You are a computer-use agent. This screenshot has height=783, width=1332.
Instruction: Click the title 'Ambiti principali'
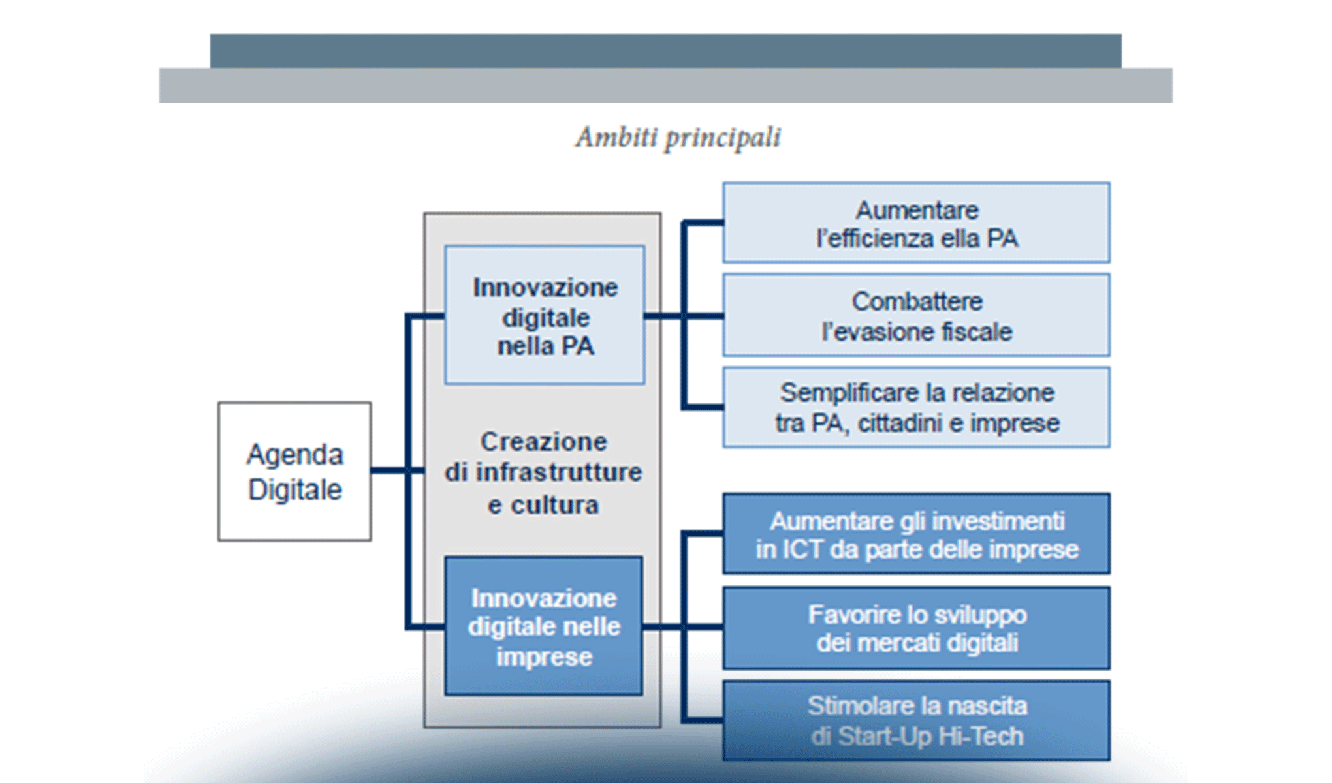coord(677,138)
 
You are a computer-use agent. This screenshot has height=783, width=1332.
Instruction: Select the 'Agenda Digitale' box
coord(294,471)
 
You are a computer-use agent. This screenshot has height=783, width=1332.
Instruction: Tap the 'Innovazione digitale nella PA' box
coord(545,315)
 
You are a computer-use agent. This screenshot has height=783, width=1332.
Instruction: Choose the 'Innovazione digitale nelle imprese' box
coord(543,626)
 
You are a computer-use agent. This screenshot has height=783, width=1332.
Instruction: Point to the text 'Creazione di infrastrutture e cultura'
coord(543,472)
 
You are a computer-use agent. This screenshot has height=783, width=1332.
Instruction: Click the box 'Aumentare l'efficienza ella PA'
coord(916,223)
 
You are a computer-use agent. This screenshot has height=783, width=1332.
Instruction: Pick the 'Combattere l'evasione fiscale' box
coord(916,315)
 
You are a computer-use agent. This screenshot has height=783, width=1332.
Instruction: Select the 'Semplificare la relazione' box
coord(916,407)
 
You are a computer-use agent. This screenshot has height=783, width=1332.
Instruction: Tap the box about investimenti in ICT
coord(916,534)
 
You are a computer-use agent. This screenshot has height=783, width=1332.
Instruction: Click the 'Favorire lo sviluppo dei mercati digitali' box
coord(916,628)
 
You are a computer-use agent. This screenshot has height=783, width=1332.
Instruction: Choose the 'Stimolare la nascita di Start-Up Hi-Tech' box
coord(916,720)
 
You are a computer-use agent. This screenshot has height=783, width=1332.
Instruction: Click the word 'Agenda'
coord(294,455)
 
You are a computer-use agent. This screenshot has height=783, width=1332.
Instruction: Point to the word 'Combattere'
coord(917,301)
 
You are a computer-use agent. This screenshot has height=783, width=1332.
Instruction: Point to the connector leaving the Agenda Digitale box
coord(388,470)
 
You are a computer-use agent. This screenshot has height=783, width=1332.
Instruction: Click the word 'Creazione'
coord(543,442)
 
